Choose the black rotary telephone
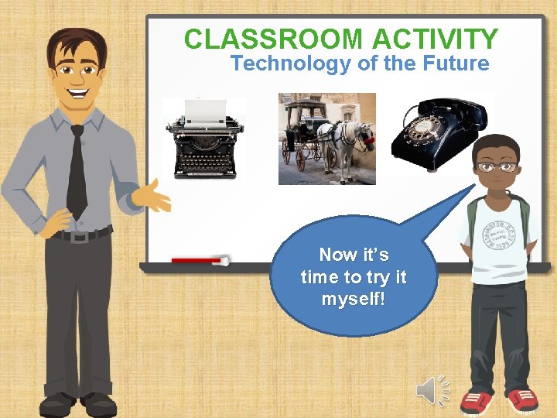[438, 135]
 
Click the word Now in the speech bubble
[337, 255]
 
